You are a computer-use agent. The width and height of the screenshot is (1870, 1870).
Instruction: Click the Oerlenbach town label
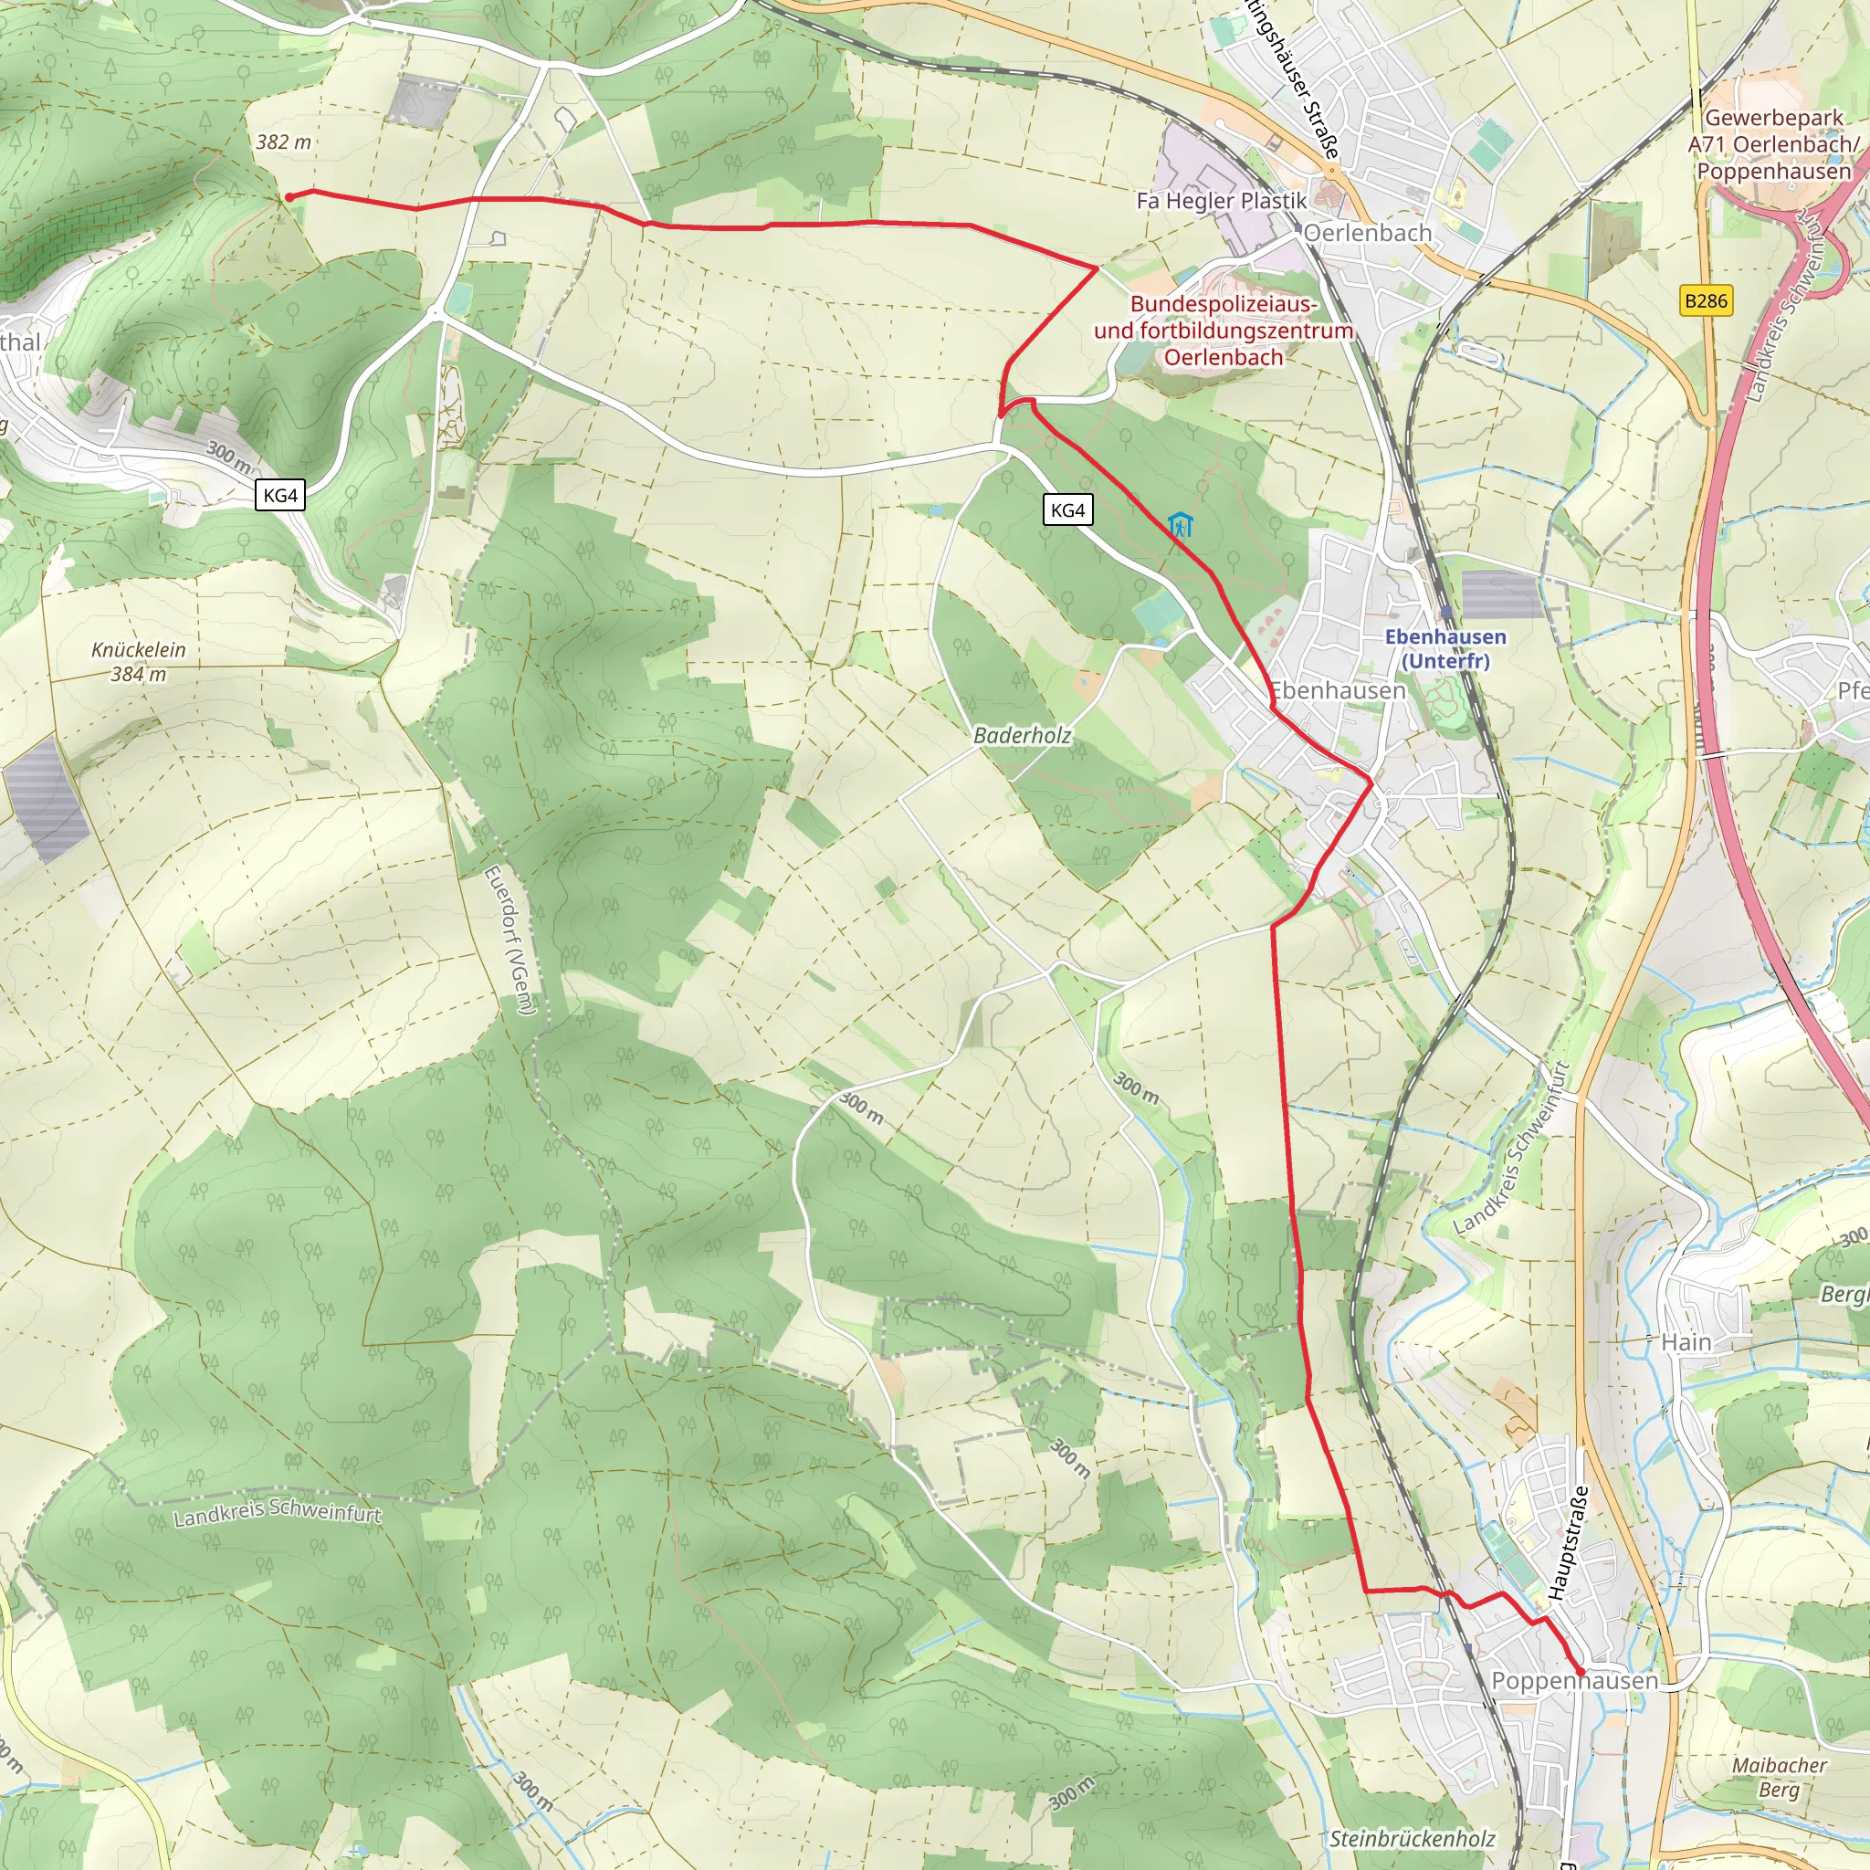tap(1367, 233)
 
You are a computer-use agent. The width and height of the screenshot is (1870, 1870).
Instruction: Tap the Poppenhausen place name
tap(1574, 1681)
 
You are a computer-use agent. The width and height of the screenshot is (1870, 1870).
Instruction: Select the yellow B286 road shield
tap(1706, 301)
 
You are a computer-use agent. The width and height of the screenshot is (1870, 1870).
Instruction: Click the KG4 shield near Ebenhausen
tap(1067, 510)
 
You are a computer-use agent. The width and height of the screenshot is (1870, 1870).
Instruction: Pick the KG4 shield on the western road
tap(280, 496)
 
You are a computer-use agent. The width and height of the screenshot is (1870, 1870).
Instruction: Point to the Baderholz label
tap(1022, 736)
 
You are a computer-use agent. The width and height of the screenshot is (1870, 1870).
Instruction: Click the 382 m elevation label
tap(284, 142)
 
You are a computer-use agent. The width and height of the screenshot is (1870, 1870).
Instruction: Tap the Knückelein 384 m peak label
tap(139, 662)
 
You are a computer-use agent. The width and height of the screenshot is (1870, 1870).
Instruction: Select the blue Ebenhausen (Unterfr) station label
tap(1445, 648)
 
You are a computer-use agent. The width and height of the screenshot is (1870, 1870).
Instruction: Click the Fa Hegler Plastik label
tap(1222, 201)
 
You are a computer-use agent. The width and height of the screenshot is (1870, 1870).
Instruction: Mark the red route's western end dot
tap(289, 197)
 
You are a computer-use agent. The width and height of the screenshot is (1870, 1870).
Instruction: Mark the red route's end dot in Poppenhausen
tap(1581, 1672)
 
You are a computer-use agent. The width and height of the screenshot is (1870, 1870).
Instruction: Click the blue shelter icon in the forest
tap(1180, 526)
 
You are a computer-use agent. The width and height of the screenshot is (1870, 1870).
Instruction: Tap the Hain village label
tap(1686, 1342)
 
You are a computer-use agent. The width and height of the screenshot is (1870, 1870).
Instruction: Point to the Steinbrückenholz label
tap(1413, 1838)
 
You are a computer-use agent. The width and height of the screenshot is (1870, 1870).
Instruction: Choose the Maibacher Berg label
tap(1779, 1777)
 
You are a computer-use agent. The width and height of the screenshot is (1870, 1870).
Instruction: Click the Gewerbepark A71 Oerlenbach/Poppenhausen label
tap(1773, 144)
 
